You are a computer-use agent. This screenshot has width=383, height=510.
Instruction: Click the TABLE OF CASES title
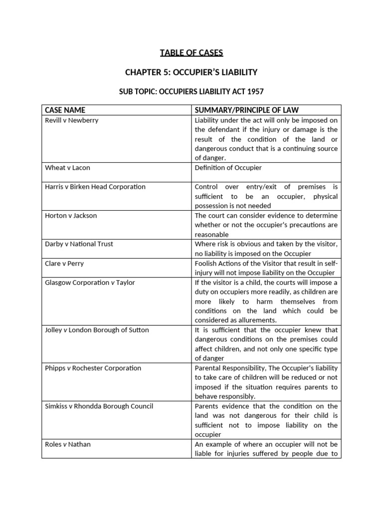(191, 53)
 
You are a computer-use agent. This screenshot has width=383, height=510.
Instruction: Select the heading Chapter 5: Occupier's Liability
(191, 72)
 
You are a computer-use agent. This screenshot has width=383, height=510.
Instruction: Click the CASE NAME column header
(65, 110)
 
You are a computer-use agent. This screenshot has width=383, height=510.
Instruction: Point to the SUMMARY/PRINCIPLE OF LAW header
(246, 110)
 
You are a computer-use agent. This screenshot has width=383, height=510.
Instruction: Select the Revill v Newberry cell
(72, 121)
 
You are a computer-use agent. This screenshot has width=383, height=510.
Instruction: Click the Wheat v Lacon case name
(67, 168)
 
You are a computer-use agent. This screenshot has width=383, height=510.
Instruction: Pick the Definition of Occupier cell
(228, 168)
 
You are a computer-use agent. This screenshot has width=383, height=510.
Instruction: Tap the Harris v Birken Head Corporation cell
(95, 187)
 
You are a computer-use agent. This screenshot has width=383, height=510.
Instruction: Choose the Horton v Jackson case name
(71, 216)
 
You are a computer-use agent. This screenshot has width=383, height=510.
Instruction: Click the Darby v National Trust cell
(79, 244)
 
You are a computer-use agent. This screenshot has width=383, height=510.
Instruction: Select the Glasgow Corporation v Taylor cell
(90, 282)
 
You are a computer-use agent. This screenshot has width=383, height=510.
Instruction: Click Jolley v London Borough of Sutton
(97, 330)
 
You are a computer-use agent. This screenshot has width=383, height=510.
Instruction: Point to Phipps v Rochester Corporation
(93, 368)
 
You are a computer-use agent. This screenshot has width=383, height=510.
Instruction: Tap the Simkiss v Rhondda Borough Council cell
(99, 406)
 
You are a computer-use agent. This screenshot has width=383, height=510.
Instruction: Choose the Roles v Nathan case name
(68, 444)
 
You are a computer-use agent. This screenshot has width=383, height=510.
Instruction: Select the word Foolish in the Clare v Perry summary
(206, 263)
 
